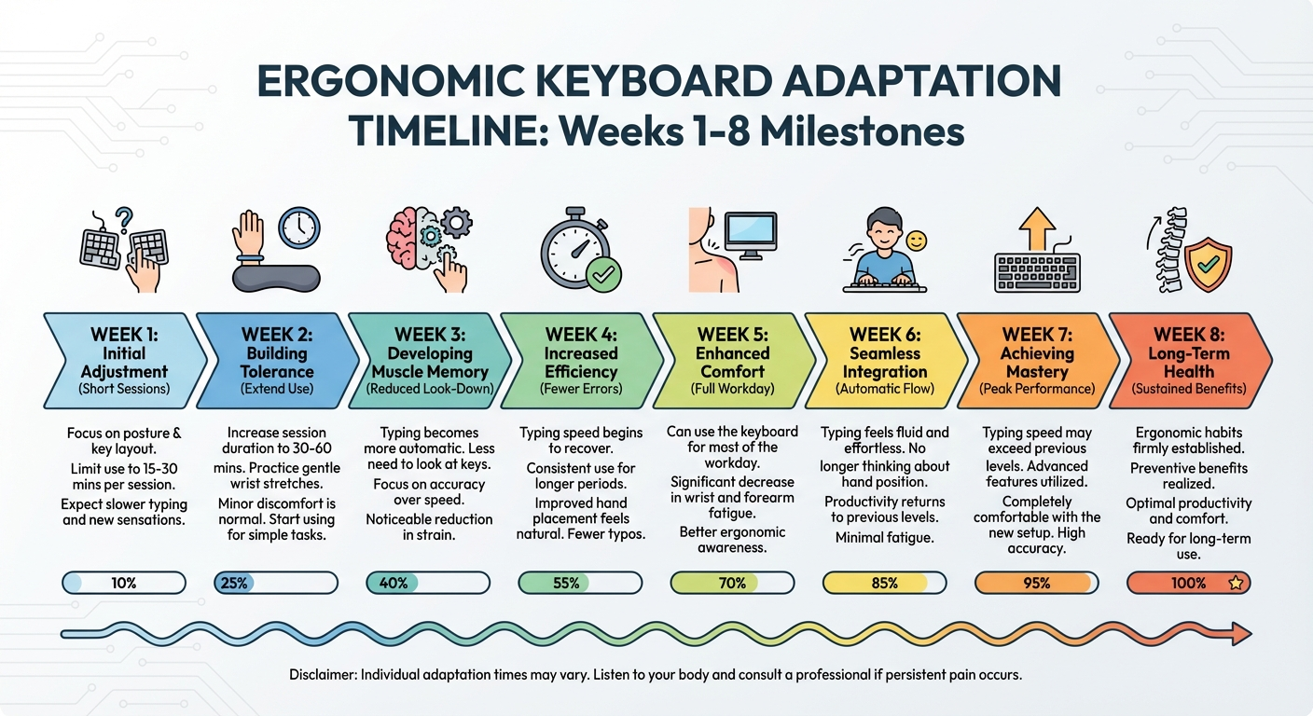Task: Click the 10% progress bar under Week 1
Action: coord(124,584)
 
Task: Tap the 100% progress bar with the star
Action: coord(1188,584)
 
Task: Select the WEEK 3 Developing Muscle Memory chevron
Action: coord(429,360)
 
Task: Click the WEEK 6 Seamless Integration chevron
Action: coord(884,360)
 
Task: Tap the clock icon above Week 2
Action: coord(298,228)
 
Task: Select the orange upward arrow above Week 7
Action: coord(1036,227)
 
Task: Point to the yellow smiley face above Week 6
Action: coord(917,241)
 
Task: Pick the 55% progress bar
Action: coord(579,584)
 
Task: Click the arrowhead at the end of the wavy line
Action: coord(1239,635)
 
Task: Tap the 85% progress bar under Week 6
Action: coord(884,584)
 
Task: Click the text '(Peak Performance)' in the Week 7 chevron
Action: coord(1036,388)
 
